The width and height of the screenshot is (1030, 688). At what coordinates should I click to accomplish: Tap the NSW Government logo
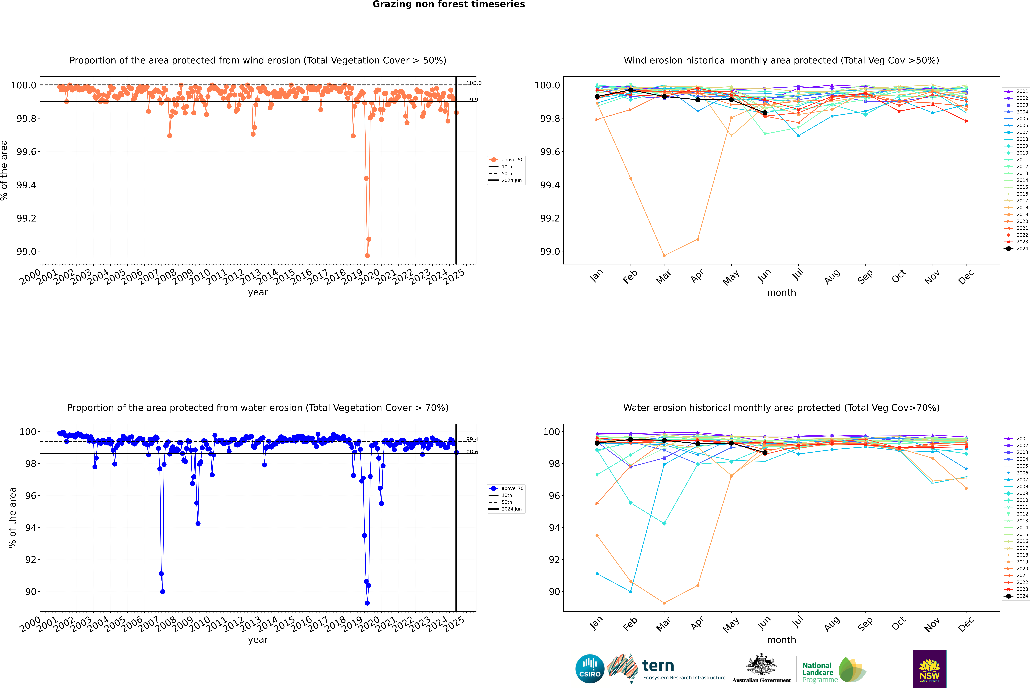929,669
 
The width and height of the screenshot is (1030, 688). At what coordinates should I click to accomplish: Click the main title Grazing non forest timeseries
449,4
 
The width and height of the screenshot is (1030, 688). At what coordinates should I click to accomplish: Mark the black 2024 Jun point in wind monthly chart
765,113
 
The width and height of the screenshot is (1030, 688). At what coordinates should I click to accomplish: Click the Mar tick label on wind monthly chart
663,276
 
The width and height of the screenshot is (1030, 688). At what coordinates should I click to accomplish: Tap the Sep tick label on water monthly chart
865,624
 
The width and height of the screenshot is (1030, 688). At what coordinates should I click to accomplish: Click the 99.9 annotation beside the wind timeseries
472,100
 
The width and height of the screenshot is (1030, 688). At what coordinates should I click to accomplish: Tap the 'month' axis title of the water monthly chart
781,640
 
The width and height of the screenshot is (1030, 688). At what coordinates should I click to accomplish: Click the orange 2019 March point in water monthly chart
664,603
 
